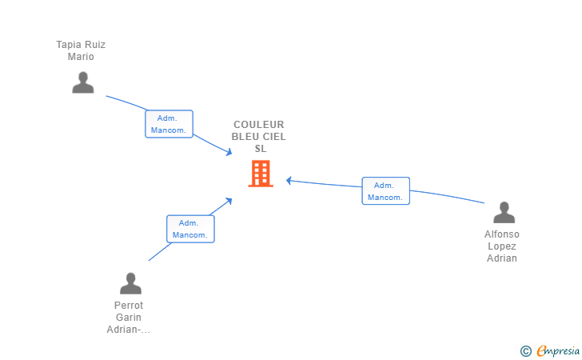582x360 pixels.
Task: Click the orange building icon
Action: (x=261, y=174)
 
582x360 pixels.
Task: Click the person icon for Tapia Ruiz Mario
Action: (x=83, y=82)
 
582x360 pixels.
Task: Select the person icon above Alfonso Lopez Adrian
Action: (x=504, y=212)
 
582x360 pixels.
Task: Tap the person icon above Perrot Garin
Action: (x=130, y=283)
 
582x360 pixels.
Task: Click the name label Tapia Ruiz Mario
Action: (x=81, y=50)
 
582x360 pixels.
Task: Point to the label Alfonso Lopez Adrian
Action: (x=502, y=246)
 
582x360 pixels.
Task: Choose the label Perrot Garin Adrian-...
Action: (x=129, y=318)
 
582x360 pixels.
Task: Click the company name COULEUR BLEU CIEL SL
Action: (x=259, y=136)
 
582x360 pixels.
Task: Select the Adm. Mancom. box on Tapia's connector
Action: (x=169, y=124)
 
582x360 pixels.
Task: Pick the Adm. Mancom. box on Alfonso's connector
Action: (x=385, y=191)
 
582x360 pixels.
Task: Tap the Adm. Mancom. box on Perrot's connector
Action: (x=190, y=229)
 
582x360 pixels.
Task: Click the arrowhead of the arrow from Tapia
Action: (x=229, y=151)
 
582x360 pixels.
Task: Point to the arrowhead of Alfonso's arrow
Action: (x=289, y=181)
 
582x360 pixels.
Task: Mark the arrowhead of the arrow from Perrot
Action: (x=229, y=201)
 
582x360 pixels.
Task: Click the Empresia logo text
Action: (x=558, y=350)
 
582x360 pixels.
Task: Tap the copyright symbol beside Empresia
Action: (x=525, y=351)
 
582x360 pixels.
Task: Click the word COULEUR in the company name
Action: (x=259, y=125)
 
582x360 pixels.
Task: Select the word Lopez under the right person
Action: (x=502, y=246)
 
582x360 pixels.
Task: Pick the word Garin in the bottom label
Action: (x=129, y=318)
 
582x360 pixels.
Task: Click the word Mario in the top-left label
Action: (x=81, y=57)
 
